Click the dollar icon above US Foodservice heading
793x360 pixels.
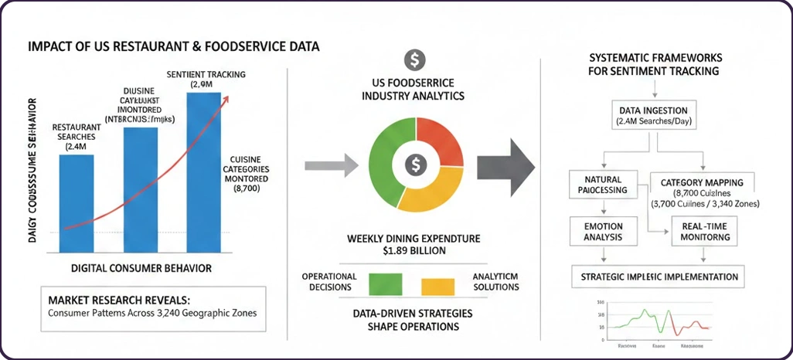[x=415, y=59]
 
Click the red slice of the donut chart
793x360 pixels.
[x=439, y=144]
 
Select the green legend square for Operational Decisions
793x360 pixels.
[x=385, y=283]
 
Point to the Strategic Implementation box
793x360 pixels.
[x=653, y=277]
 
